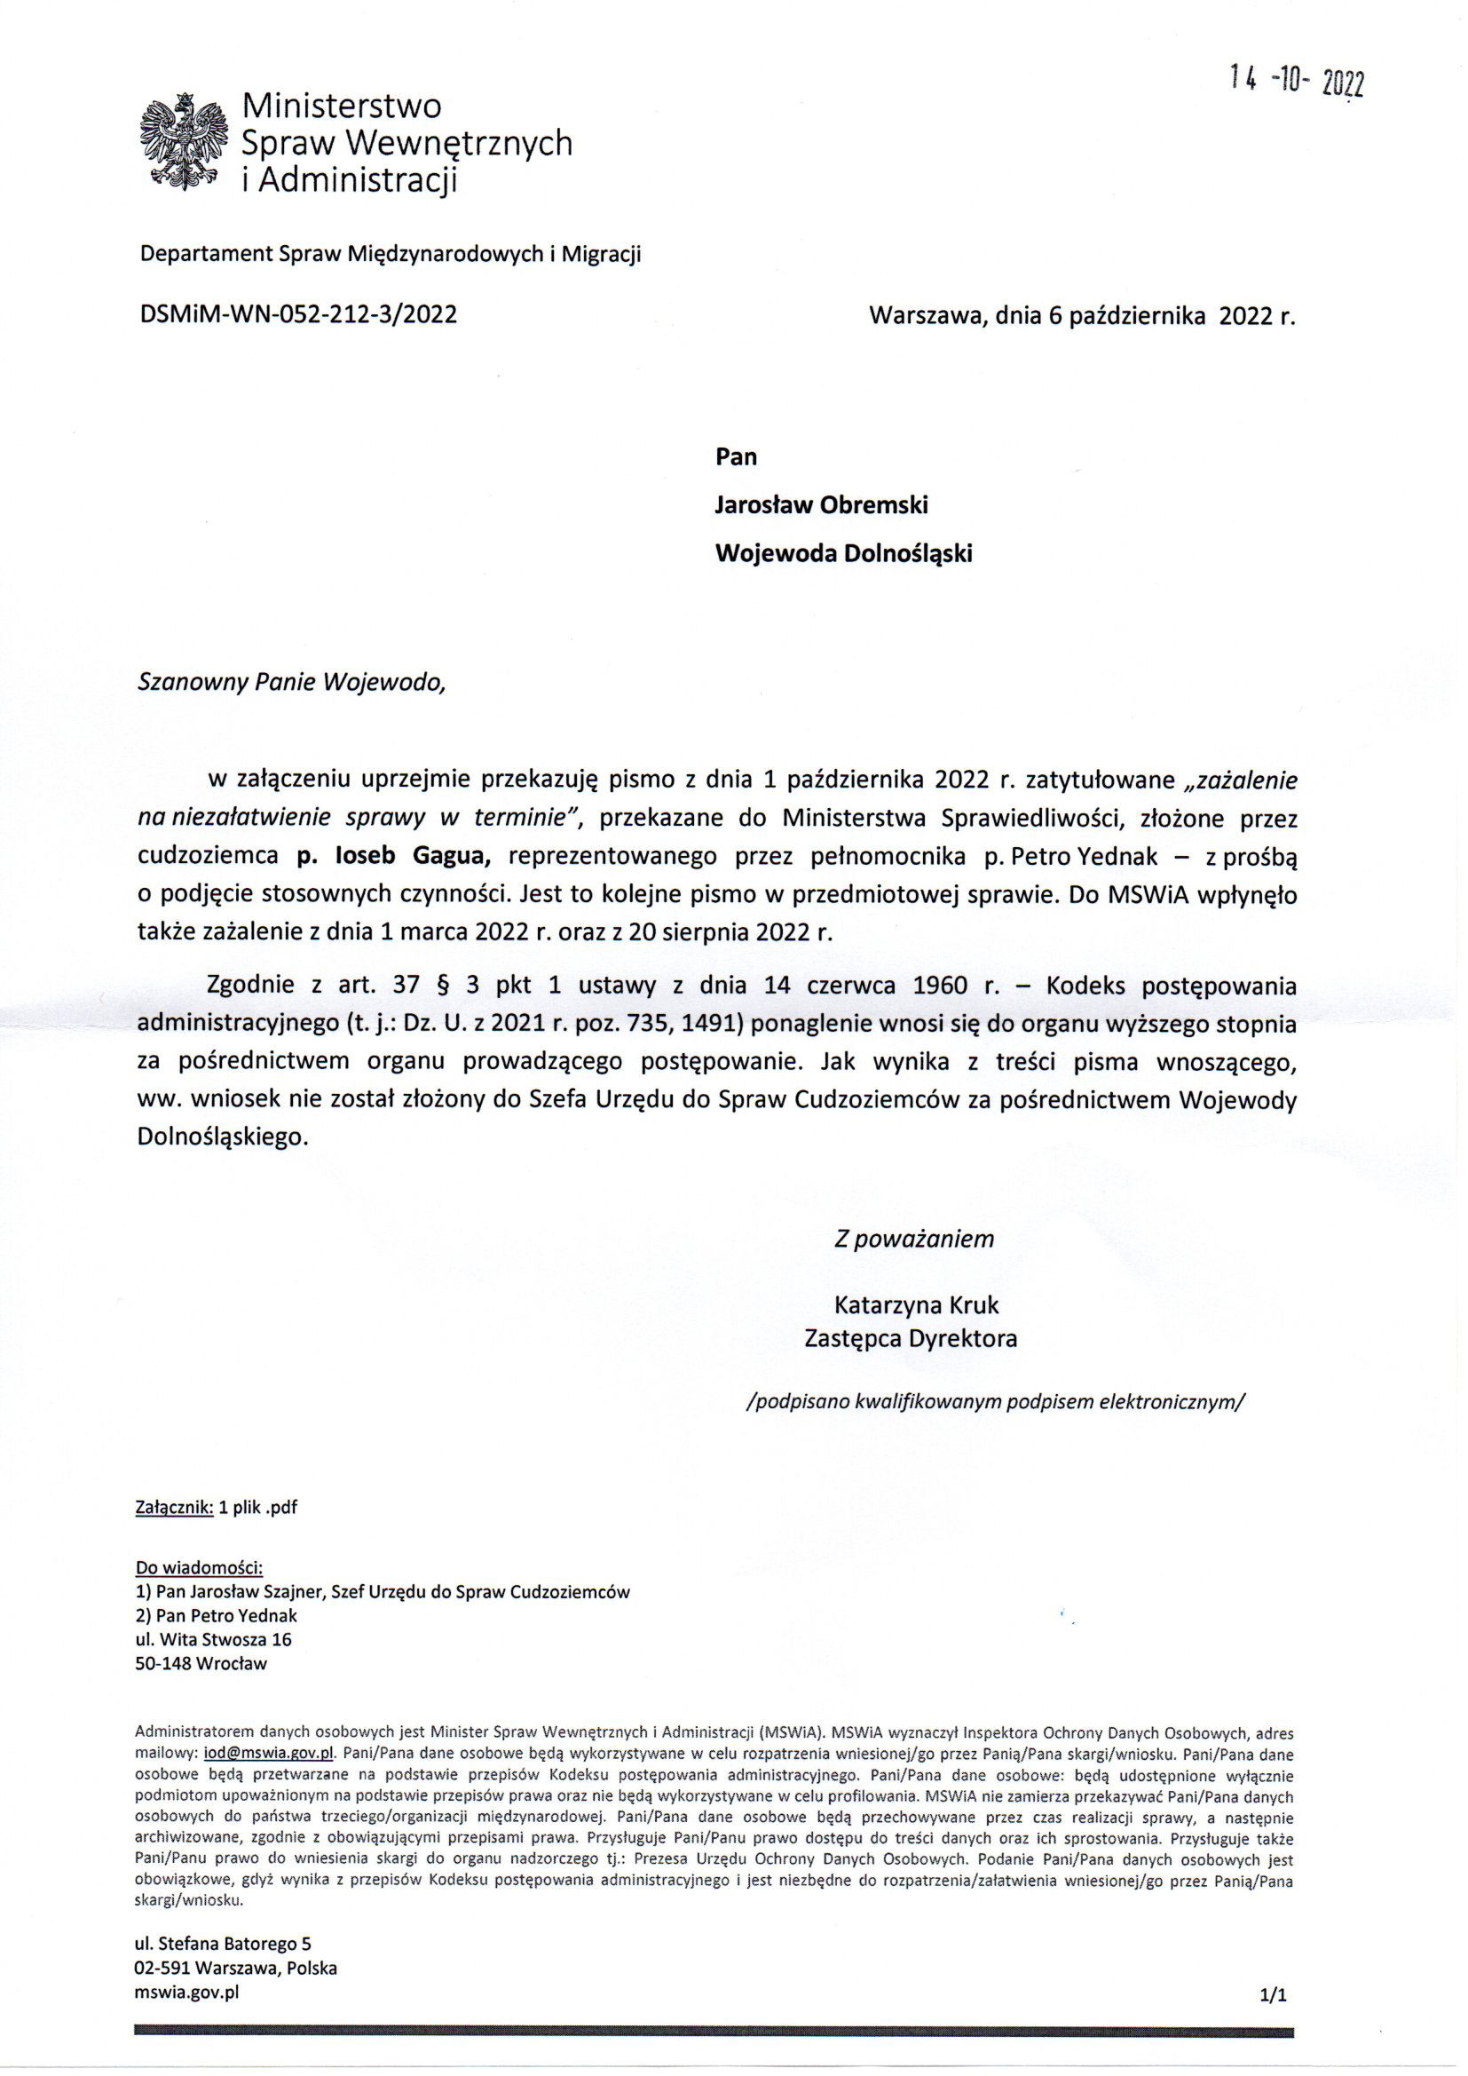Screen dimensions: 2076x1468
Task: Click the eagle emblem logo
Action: [183, 142]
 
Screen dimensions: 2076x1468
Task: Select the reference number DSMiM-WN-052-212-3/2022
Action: [297, 313]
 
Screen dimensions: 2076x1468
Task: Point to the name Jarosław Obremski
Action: [821, 504]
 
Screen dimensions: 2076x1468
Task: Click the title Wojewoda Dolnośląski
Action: [842, 553]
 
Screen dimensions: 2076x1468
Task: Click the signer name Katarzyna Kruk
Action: [916, 1304]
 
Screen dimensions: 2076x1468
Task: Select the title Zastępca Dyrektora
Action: [911, 1338]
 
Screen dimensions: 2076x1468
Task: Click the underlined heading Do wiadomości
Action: [199, 1567]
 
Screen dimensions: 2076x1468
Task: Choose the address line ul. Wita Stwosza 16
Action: [213, 1639]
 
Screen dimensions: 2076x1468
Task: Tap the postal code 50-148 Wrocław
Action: [201, 1663]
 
